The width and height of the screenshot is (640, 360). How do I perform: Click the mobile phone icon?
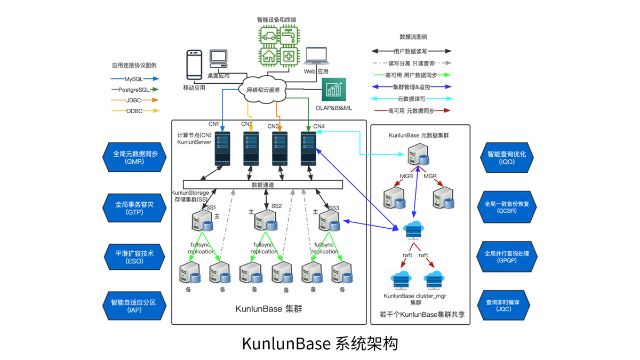pyautogui.click(x=194, y=65)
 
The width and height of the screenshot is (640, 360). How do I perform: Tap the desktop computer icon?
pyautogui.click(x=219, y=59)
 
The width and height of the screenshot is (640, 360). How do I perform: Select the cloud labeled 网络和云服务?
pyautogui.click(x=262, y=90)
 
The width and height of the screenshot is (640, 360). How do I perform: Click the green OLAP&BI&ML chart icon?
pyautogui.click(x=334, y=90)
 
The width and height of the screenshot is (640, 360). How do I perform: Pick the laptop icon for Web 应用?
pyautogui.click(x=316, y=56)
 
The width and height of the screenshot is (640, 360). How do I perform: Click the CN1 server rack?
pyautogui.click(x=222, y=149)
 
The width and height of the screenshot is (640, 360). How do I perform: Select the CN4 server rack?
pyautogui.click(x=308, y=149)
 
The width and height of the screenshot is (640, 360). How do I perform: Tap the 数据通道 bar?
pyautogui.click(x=263, y=185)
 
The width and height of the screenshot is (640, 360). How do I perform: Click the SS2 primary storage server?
pyautogui.click(x=266, y=220)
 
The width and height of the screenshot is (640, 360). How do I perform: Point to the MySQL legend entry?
pyautogui.click(x=134, y=79)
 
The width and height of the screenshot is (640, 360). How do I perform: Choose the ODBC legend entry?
pyautogui.click(x=135, y=111)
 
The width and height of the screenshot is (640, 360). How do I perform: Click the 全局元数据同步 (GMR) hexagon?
pyautogui.click(x=134, y=157)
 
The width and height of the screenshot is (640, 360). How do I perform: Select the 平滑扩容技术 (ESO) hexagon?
pyautogui.click(x=134, y=257)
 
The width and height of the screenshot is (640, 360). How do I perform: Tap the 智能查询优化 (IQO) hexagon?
pyautogui.click(x=507, y=158)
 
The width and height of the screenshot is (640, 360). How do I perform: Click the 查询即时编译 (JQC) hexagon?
pyautogui.click(x=503, y=306)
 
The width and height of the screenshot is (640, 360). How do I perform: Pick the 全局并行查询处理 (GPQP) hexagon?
pyautogui.click(x=507, y=257)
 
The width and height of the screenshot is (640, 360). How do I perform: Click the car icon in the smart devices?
pyautogui.click(x=269, y=36)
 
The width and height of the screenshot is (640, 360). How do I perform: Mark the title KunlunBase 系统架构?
pyautogui.click(x=320, y=343)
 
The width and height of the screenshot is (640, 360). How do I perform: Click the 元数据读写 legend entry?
pyautogui.click(x=411, y=99)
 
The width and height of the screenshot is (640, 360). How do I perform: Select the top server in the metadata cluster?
pyautogui.click(x=418, y=155)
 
